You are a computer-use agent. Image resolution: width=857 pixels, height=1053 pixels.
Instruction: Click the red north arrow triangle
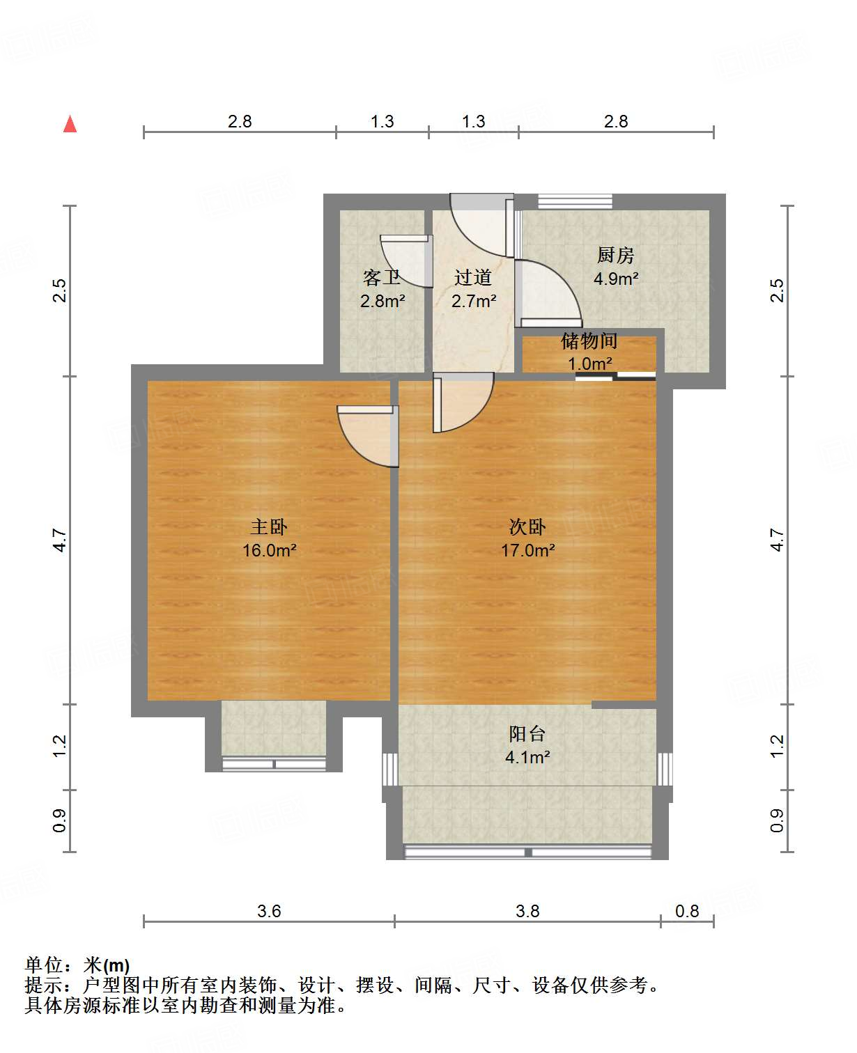pyautogui.click(x=70, y=124)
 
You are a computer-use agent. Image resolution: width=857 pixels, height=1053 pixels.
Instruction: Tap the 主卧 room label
pyautogui.click(x=269, y=527)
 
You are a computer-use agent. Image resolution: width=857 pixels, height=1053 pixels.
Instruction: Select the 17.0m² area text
pyautogui.click(x=527, y=551)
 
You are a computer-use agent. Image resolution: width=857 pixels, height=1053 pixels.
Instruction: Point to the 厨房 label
pyautogui.click(x=616, y=256)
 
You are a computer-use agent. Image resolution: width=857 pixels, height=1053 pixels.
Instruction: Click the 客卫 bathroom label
pyautogui.click(x=382, y=278)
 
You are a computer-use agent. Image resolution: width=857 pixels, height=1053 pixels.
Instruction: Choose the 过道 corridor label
pyautogui.click(x=473, y=278)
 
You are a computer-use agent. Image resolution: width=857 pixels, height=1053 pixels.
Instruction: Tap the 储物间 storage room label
pyautogui.click(x=589, y=341)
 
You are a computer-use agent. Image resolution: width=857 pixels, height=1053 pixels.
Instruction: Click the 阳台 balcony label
pyautogui.click(x=527, y=733)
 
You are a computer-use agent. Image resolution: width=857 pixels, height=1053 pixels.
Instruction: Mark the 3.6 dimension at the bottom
pyautogui.click(x=269, y=911)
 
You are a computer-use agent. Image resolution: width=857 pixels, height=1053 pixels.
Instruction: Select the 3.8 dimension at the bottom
pyautogui.click(x=527, y=911)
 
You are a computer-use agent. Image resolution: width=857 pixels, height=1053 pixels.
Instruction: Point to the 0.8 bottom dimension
pyautogui.click(x=687, y=911)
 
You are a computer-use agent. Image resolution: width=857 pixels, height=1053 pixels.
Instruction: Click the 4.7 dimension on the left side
pyautogui.click(x=61, y=540)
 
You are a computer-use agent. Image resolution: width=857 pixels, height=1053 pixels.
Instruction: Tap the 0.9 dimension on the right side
pyautogui.click(x=777, y=820)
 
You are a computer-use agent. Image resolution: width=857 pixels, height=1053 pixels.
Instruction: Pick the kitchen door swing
pyautogui.click(x=550, y=292)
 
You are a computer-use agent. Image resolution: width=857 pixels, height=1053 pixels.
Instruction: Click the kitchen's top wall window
pyautogui.click(x=575, y=201)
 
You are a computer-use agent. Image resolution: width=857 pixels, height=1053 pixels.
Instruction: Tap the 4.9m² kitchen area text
pyautogui.click(x=616, y=279)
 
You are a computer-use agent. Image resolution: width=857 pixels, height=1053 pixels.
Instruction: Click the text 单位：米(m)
pyautogui.click(x=77, y=965)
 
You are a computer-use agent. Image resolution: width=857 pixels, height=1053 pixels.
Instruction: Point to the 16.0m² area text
pyautogui.click(x=269, y=551)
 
